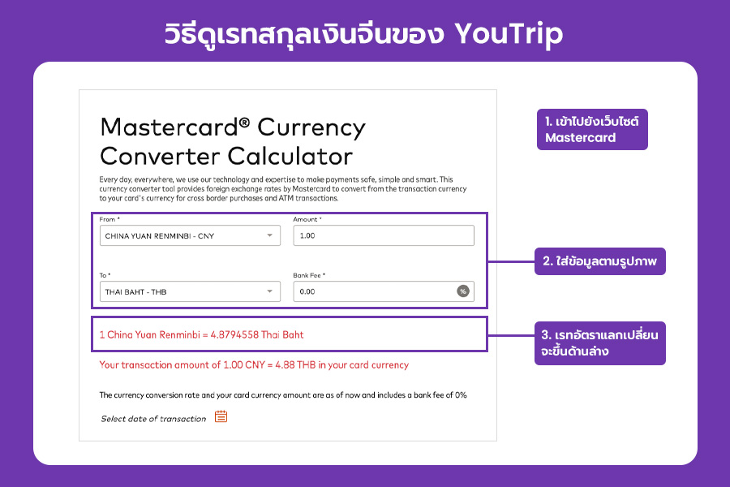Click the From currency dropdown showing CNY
(x=190, y=235)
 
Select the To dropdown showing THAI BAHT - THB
(x=190, y=291)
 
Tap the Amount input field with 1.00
(x=384, y=235)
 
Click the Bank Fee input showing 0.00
(x=384, y=291)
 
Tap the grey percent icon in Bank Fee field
(x=463, y=291)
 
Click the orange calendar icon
(x=221, y=416)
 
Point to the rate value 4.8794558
(x=234, y=334)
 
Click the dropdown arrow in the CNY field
(x=269, y=235)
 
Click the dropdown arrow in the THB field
(x=269, y=291)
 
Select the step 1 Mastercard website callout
(x=592, y=130)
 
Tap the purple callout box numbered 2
(x=600, y=261)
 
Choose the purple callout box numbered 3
(x=600, y=343)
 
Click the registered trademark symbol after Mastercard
(x=244, y=123)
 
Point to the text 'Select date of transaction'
(x=153, y=419)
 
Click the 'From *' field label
(x=109, y=219)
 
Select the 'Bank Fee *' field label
(x=309, y=275)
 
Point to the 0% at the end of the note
(x=461, y=394)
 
